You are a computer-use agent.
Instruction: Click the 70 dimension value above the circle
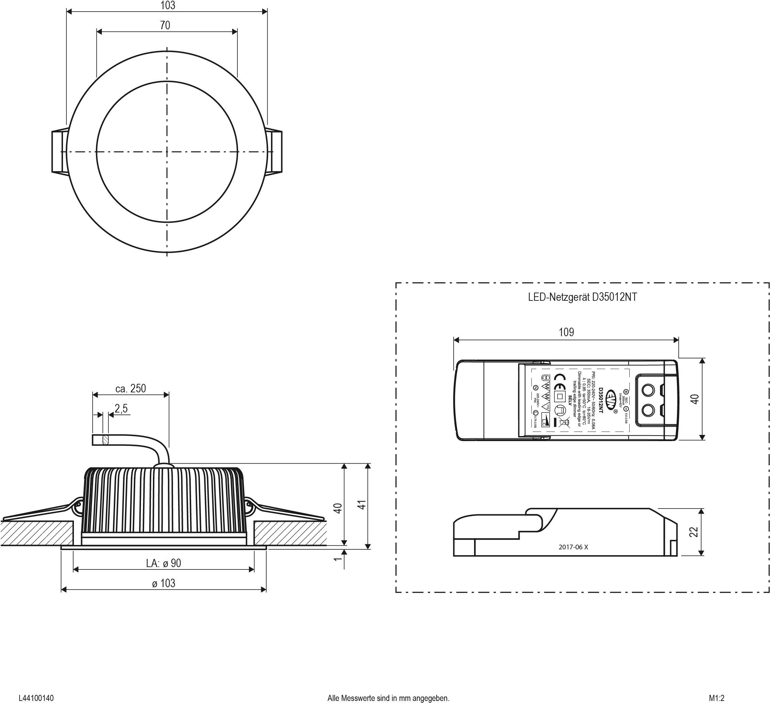click(x=165, y=25)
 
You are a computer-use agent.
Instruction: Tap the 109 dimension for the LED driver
click(x=566, y=332)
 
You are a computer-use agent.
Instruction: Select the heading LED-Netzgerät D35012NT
click(x=582, y=298)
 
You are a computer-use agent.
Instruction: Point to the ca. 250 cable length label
click(x=131, y=388)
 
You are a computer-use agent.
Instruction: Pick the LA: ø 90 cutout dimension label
click(x=163, y=563)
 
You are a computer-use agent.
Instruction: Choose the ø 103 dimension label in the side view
click(x=163, y=583)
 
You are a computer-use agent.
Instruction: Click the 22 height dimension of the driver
click(x=694, y=532)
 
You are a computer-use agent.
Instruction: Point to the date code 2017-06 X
click(x=573, y=547)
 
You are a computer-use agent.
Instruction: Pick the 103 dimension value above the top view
click(x=168, y=5)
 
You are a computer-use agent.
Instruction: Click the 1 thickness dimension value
click(x=337, y=559)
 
